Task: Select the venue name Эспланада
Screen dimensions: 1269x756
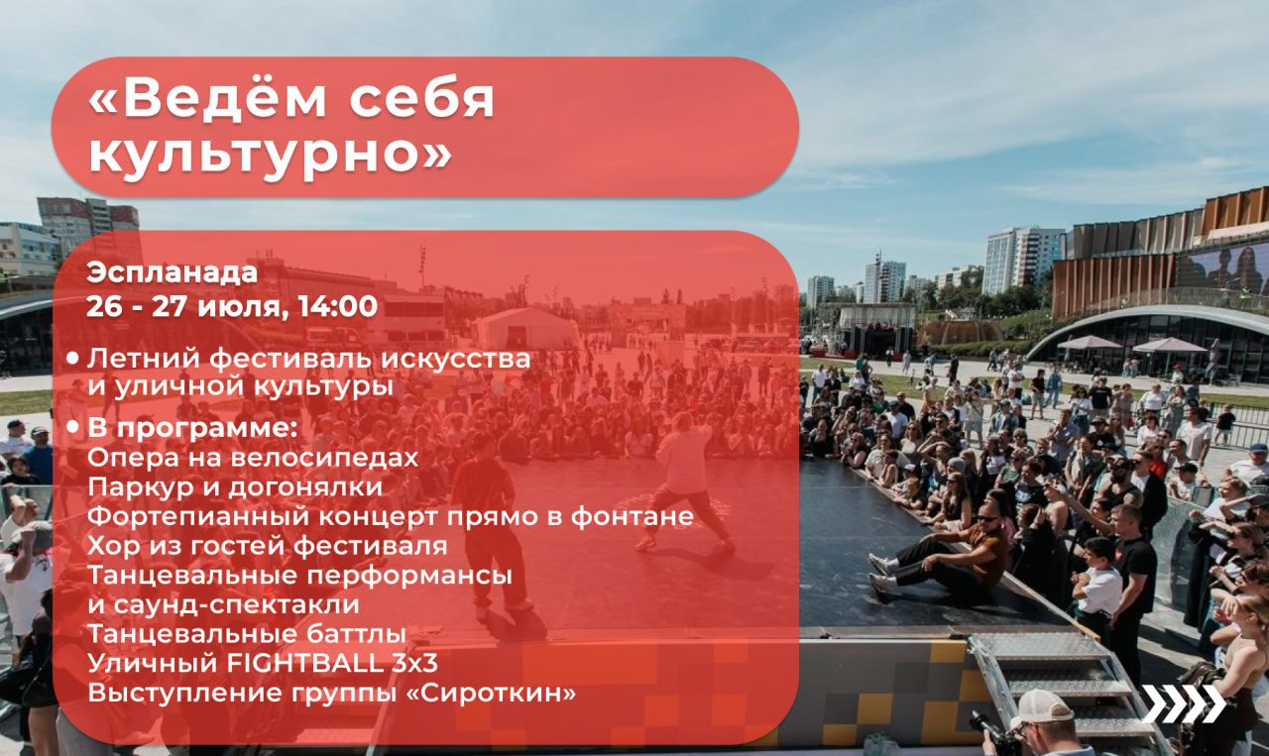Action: click(x=173, y=273)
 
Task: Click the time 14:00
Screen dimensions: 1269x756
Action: click(x=338, y=306)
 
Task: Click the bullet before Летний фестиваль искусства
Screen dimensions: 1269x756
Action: click(x=72, y=359)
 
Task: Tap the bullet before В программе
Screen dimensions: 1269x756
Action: click(x=72, y=429)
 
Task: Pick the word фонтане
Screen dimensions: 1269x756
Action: click(x=633, y=516)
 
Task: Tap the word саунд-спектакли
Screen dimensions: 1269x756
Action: click(x=236, y=604)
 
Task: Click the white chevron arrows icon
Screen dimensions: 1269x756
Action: click(x=1184, y=703)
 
